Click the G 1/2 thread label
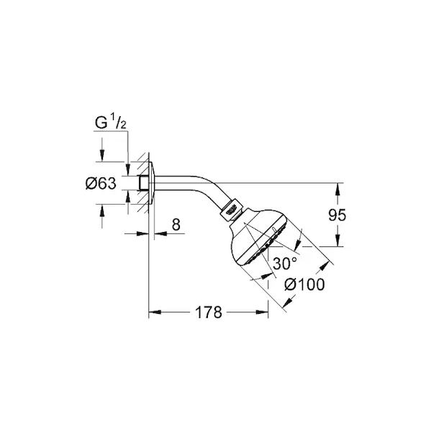[x=110, y=122]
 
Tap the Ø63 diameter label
[x=101, y=183]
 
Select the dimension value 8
[x=176, y=224]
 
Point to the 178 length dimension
[x=209, y=312]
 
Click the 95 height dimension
[x=337, y=215]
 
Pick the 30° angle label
[x=285, y=264]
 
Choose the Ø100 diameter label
[x=304, y=284]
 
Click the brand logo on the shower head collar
[x=232, y=210]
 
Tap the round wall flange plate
[x=152, y=183]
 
